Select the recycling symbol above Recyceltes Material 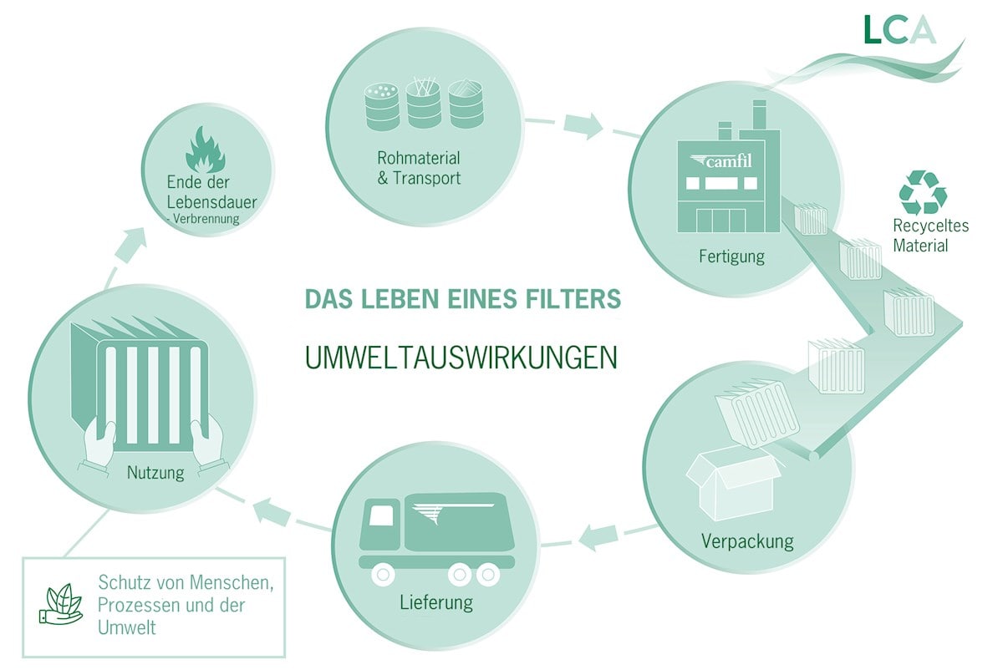tap(923, 193)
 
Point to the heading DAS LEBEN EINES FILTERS tap(462, 299)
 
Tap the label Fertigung tap(731, 256)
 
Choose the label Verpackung tap(747, 541)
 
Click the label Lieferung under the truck tap(435, 602)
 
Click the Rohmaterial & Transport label tap(419, 168)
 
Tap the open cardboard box tap(731, 480)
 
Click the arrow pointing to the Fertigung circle tap(582, 125)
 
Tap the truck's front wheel tap(384, 576)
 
